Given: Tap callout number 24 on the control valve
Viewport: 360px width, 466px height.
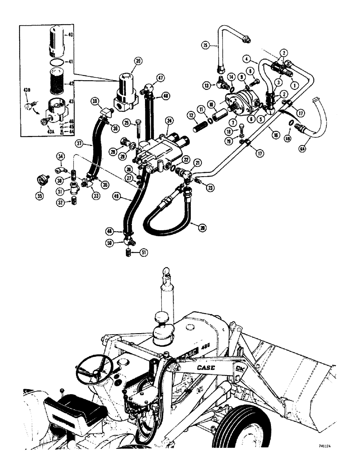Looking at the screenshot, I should [169, 121].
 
